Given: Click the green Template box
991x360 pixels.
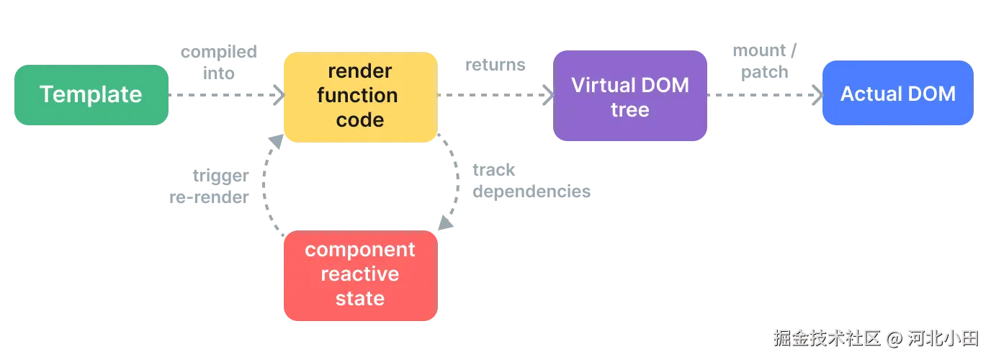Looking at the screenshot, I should [x=91, y=94].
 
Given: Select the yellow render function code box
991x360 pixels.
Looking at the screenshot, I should [x=360, y=96].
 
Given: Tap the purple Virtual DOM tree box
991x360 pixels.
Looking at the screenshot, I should [x=630, y=96].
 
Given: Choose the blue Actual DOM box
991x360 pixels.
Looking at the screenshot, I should [x=898, y=94].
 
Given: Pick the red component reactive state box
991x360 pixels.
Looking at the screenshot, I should [x=360, y=275].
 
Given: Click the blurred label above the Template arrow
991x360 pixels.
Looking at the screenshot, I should [x=219, y=62].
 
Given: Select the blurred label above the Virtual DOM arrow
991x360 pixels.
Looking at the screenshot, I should [x=495, y=66].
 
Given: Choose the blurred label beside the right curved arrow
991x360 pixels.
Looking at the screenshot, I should [x=532, y=181].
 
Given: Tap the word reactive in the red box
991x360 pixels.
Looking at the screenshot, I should [x=360, y=274].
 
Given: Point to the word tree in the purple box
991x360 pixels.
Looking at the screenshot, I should [x=630, y=110].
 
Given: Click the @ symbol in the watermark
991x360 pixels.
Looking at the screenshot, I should [x=894, y=338].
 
